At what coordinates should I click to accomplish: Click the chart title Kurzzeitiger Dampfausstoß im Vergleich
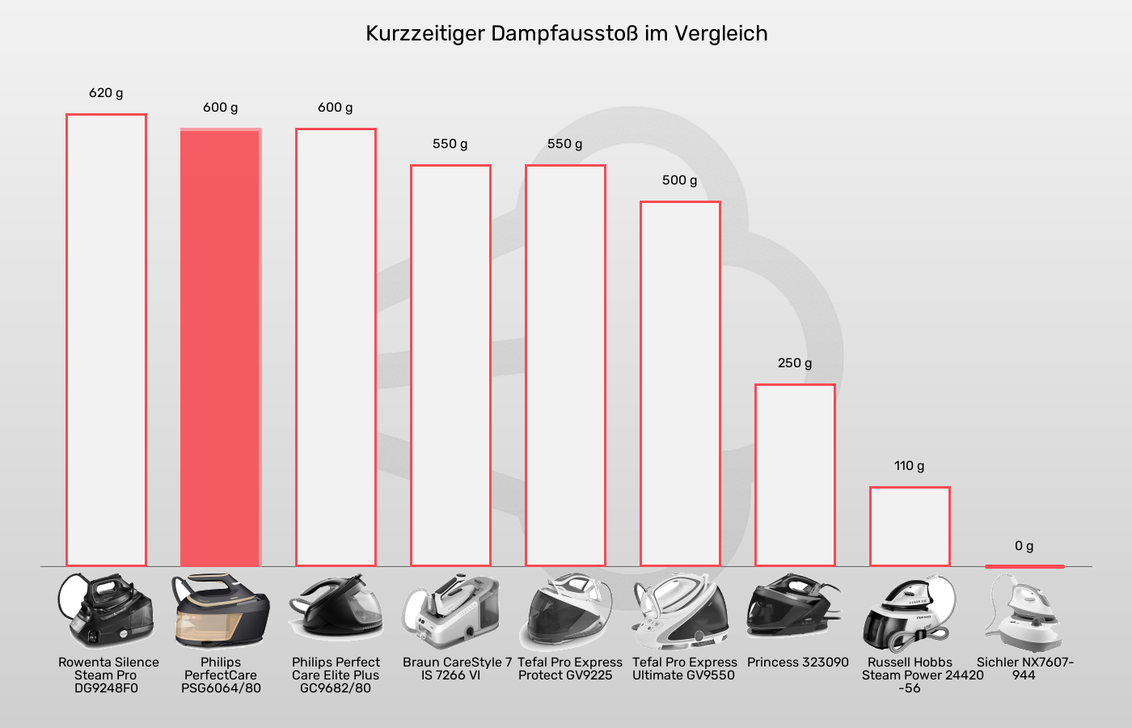tap(566, 34)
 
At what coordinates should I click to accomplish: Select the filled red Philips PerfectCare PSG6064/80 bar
tap(220, 348)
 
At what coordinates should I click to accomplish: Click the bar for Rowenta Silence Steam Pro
tap(106, 340)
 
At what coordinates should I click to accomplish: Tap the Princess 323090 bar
tap(795, 476)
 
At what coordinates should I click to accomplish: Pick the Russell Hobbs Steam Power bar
tap(910, 527)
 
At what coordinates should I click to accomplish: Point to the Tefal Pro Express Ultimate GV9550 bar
tap(680, 384)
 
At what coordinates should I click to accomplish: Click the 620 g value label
tap(106, 93)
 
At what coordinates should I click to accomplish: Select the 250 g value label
tap(795, 363)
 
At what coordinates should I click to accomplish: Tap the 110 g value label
tap(909, 466)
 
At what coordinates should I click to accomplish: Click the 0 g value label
tap(1024, 546)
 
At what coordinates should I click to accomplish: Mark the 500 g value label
tap(679, 180)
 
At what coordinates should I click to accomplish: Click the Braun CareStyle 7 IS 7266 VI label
tap(457, 669)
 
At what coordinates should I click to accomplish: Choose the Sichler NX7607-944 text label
tap(1024, 669)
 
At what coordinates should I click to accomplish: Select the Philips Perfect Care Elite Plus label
tap(336, 675)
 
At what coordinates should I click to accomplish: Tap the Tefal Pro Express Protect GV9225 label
tap(569, 669)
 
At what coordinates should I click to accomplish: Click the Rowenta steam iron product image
tap(106, 611)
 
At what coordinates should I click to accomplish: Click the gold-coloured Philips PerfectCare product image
tap(220, 611)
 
